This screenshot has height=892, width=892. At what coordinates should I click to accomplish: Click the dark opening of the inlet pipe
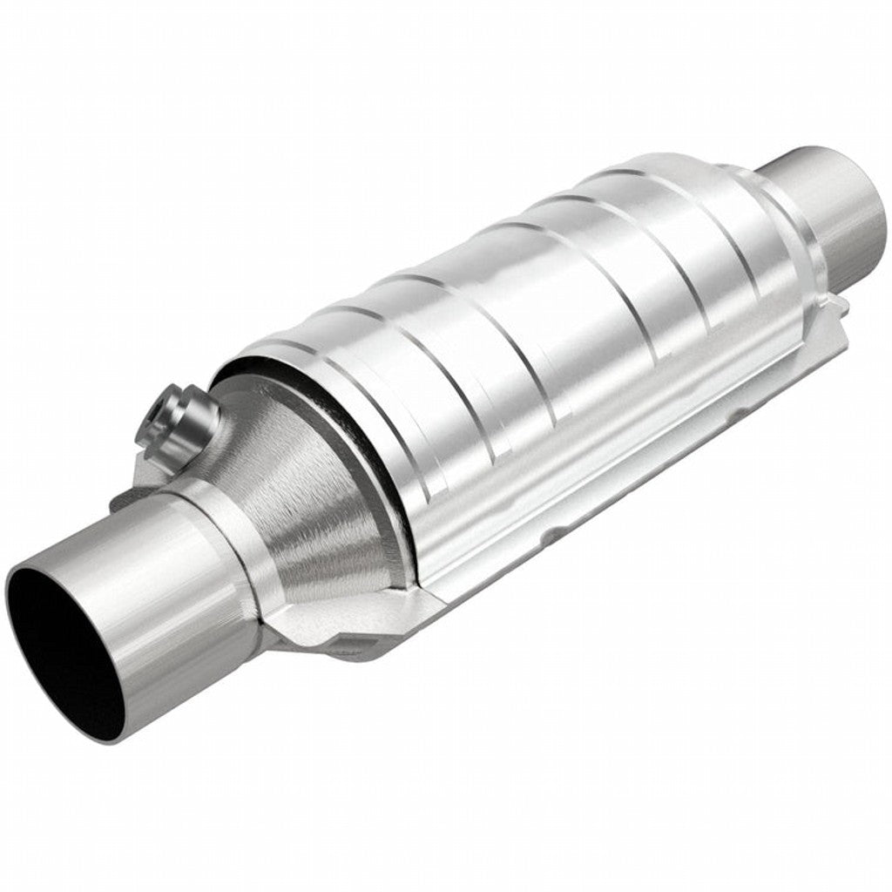(65, 645)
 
